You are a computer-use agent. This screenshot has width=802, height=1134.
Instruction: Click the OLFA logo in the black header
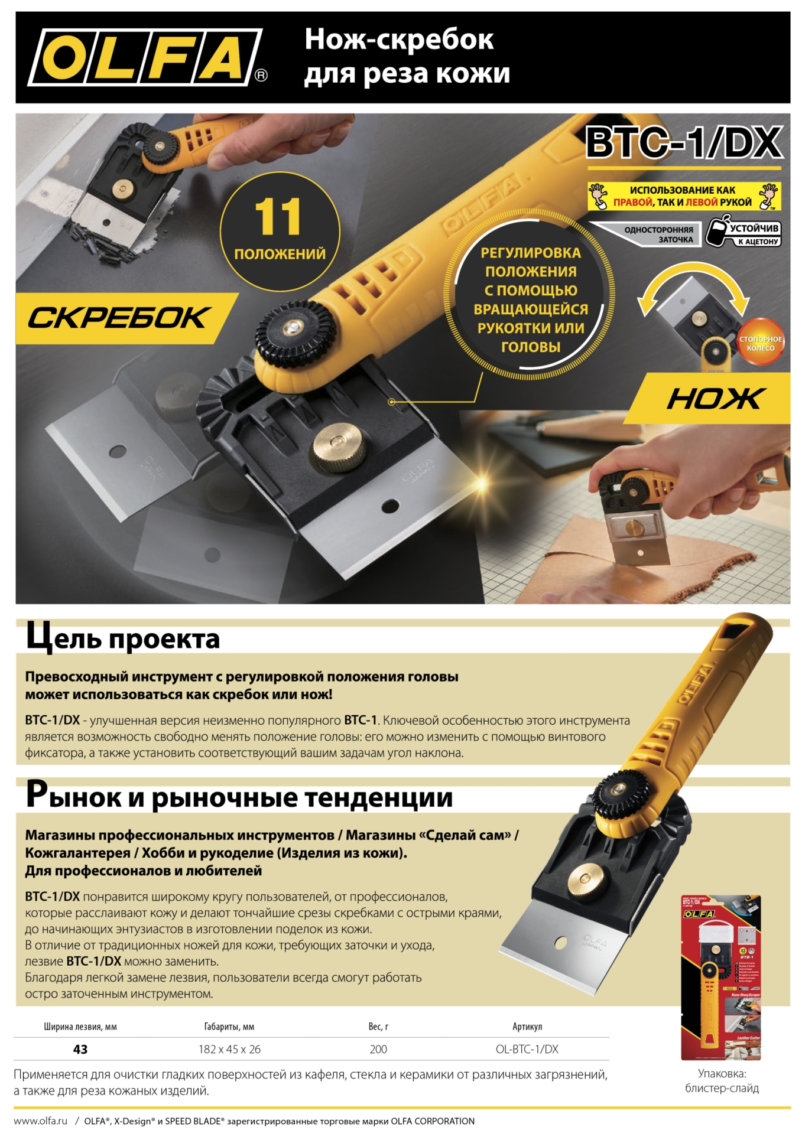(145, 57)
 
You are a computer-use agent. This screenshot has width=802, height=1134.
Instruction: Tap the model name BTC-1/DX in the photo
(684, 142)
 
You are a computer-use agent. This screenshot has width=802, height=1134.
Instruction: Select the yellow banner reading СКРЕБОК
(118, 318)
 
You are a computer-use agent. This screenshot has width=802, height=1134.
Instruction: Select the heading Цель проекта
(123, 638)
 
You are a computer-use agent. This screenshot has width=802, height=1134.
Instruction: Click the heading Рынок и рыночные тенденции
(239, 797)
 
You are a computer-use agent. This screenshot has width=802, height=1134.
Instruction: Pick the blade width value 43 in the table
(80, 1049)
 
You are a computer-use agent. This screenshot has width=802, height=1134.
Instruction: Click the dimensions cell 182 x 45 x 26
(229, 1049)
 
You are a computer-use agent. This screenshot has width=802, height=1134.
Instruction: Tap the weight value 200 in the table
(378, 1049)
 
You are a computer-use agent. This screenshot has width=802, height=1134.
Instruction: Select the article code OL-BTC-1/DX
(527, 1049)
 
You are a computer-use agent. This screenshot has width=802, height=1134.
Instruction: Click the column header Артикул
(527, 1027)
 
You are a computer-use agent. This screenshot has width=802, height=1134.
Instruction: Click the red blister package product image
(721, 977)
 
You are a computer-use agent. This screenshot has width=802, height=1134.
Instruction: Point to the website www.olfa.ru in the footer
(41, 1120)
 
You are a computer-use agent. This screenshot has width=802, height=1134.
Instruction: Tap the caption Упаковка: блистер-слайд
(722, 1080)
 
